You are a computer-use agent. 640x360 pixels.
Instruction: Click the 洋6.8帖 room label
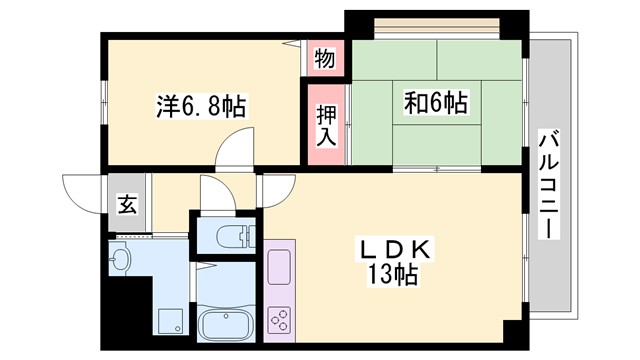coord(200,104)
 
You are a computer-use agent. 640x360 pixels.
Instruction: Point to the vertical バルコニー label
coord(548,186)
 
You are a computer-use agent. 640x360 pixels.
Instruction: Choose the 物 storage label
coord(324,58)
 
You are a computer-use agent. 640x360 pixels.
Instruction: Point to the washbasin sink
coord(121,259)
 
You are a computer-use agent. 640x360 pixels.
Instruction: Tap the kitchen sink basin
coord(279,266)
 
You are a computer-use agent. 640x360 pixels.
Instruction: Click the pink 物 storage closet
coord(324,58)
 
